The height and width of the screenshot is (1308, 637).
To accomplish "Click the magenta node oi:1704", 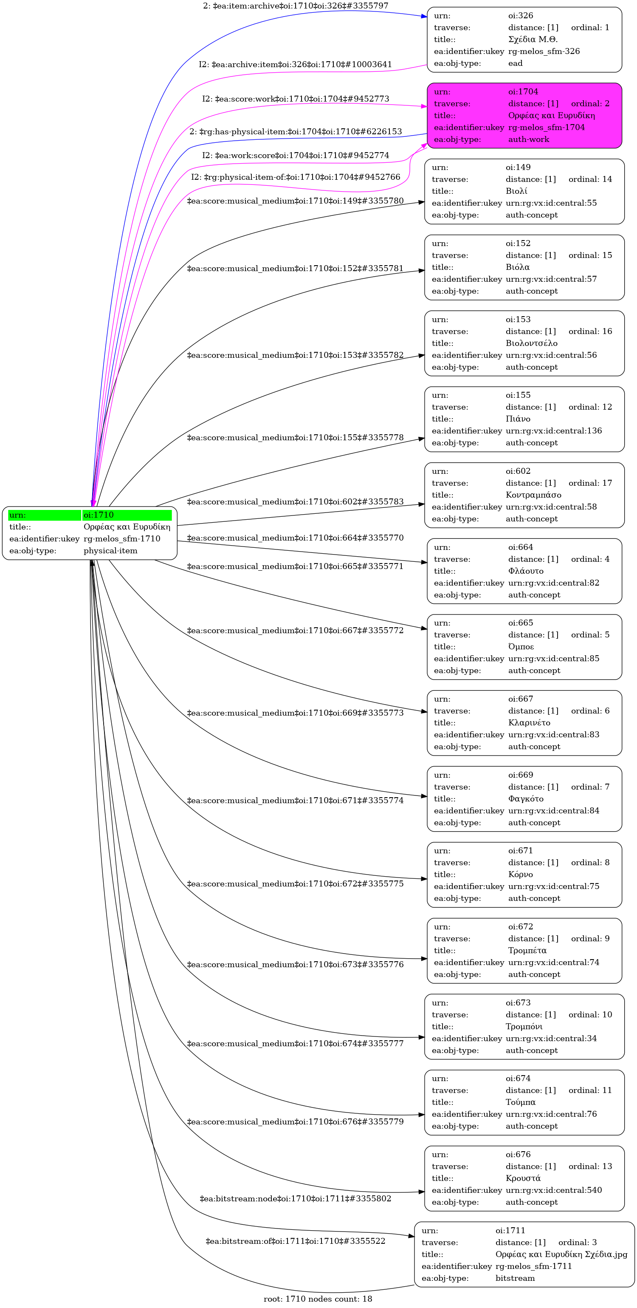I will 524,116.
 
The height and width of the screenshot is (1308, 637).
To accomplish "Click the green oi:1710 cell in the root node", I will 127,515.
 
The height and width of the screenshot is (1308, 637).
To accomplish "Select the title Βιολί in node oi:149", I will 516,191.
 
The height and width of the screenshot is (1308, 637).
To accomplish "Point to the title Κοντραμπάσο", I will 533,495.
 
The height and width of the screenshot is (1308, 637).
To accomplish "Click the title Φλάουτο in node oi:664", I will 525,571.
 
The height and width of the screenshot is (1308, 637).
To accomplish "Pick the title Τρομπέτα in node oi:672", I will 527,951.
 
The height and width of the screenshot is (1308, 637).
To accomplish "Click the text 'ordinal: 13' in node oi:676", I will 590,1166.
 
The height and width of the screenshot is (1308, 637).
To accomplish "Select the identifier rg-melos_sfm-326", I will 544,51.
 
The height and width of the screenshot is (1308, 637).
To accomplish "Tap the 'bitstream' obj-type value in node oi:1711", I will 515,1279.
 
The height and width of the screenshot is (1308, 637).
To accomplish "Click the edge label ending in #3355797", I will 296,6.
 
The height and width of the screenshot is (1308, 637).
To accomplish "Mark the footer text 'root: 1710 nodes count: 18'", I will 318,1299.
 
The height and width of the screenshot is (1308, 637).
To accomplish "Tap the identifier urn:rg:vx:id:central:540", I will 553,1190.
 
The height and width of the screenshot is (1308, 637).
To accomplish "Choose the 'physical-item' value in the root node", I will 110,551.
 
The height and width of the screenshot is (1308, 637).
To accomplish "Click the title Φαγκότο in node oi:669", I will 525,799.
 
